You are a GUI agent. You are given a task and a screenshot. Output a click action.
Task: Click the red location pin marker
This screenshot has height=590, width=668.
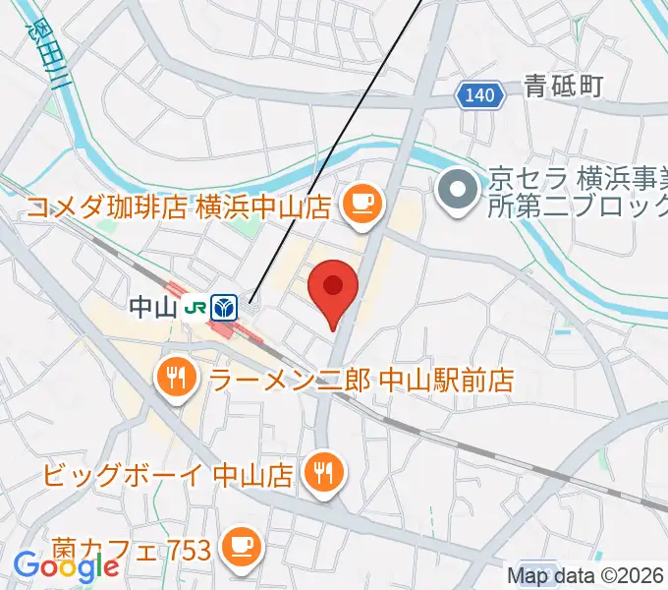[x=332, y=288]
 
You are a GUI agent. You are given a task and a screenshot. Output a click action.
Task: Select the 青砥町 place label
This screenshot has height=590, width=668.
[x=562, y=87]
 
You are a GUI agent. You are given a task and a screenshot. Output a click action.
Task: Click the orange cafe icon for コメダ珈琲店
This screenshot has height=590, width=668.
[x=361, y=206]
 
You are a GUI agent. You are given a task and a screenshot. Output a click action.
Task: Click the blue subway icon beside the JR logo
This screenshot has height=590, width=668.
[x=224, y=308]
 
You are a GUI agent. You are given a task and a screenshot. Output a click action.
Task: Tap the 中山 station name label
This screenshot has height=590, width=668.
[x=152, y=308]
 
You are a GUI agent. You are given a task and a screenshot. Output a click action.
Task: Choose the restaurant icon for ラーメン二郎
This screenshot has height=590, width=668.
[x=178, y=377]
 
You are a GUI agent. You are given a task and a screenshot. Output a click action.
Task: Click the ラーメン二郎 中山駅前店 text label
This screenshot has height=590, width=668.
[x=362, y=378]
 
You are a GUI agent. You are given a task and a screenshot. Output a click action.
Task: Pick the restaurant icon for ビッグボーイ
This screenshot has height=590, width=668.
[x=321, y=474]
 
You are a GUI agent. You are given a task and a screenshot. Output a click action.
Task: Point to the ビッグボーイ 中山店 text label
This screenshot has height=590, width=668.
[x=168, y=475]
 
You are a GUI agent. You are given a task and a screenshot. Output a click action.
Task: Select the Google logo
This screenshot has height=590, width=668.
[x=66, y=566]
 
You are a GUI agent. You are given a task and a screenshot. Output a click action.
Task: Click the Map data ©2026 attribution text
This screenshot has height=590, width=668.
[x=586, y=576]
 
